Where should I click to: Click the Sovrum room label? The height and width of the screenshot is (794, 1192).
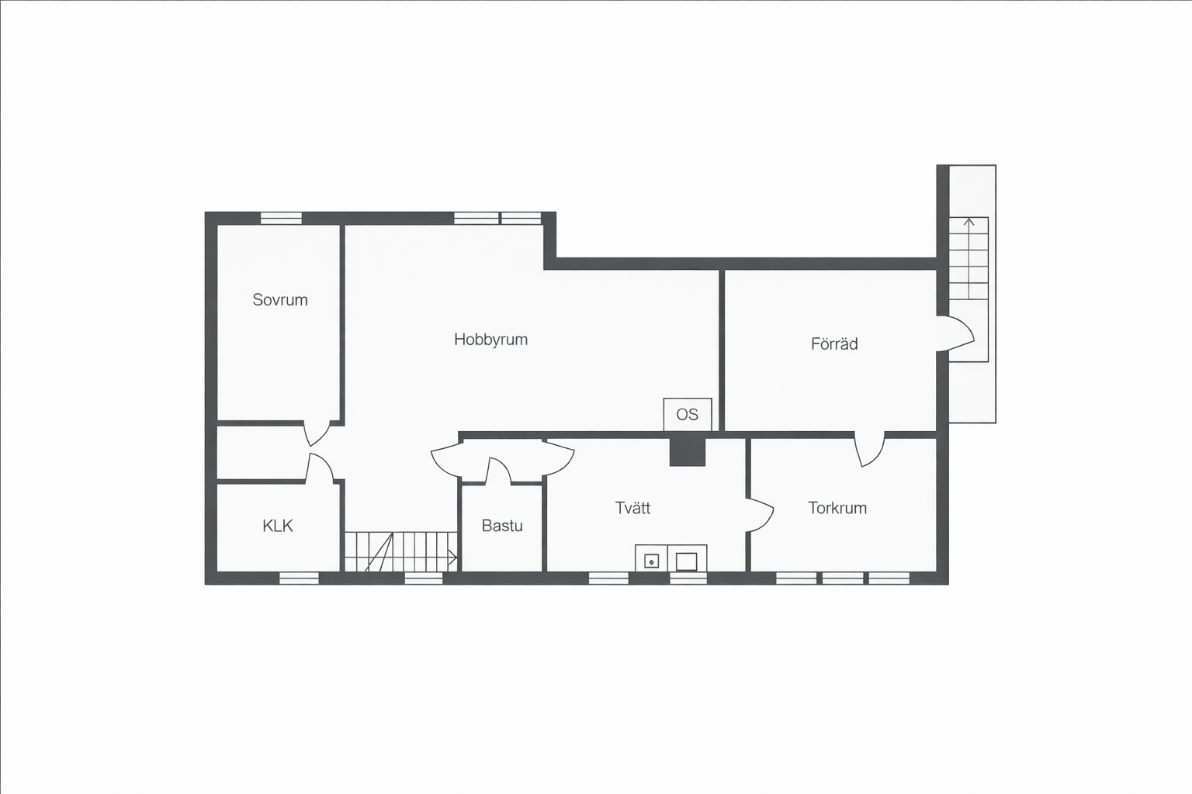point(280,300)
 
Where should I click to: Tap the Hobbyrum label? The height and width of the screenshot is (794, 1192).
point(490,340)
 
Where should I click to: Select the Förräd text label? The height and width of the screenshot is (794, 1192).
point(834,344)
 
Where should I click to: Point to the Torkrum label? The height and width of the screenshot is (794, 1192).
point(837,508)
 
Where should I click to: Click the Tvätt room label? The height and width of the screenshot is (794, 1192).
point(632,508)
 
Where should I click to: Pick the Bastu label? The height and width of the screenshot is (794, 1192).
point(502,526)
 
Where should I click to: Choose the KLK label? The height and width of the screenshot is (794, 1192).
point(278,526)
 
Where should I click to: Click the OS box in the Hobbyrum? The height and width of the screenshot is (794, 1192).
point(688,414)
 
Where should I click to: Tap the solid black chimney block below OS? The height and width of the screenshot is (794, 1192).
point(687,451)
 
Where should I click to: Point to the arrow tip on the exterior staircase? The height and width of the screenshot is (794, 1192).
point(969,219)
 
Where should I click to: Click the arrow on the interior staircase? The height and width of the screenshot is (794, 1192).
point(452,558)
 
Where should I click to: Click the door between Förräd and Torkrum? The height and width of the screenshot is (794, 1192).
point(869,450)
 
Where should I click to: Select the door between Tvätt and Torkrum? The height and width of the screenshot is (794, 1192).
point(760,515)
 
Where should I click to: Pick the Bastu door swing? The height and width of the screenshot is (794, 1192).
point(499,471)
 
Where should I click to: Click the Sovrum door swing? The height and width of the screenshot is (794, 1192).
point(317,433)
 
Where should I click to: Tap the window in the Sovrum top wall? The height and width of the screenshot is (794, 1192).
point(281,219)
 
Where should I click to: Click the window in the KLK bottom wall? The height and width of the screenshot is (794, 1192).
point(299,578)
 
